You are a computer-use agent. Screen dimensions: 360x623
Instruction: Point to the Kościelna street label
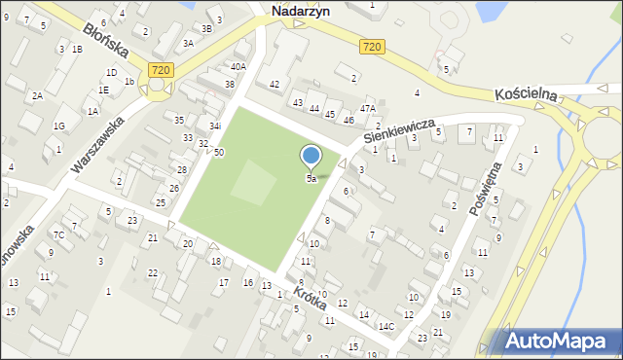(525, 94)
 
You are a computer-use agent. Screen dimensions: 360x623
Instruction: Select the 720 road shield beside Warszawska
(162, 70)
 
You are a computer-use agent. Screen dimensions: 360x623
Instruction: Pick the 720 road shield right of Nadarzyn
(370, 47)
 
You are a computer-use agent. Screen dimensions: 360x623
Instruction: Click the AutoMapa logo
(554, 342)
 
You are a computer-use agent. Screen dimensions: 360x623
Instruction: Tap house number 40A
(238, 66)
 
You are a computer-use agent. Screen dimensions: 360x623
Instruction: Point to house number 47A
(367, 108)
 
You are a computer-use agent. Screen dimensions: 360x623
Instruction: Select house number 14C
(386, 326)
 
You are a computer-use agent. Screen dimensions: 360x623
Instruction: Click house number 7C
(58, 234)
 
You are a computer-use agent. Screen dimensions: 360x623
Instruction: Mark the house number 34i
(215, 126)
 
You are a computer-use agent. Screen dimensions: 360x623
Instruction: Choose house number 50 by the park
(219, 153)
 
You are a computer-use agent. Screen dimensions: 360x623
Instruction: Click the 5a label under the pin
(311, 179)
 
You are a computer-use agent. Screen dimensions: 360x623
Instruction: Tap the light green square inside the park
(253, 182)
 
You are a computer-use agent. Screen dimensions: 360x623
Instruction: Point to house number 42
(275, 85)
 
